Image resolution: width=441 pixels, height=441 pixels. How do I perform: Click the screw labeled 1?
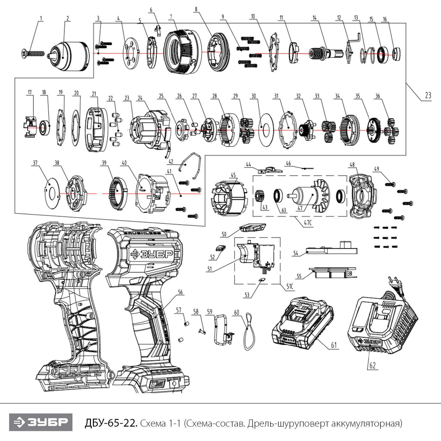[x=33, y=54]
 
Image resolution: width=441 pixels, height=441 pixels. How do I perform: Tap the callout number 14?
[x=314, y=18]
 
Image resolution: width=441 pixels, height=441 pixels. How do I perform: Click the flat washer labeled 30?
[x=266, y=127]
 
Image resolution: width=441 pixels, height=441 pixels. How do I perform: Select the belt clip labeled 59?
[x=223, y=330]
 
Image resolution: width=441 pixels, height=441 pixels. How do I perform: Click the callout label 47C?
[x=308, y=223]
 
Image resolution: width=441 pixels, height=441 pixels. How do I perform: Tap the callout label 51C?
[x=290, y=286]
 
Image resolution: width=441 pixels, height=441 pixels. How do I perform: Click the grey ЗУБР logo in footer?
[x=41, y=422]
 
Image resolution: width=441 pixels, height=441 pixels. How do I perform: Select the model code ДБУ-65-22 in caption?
[x=111, y=423]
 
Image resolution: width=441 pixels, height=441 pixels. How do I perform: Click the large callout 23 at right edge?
[x=428, y=95]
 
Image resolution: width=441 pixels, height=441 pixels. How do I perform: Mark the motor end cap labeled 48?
[x=361, y=196]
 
